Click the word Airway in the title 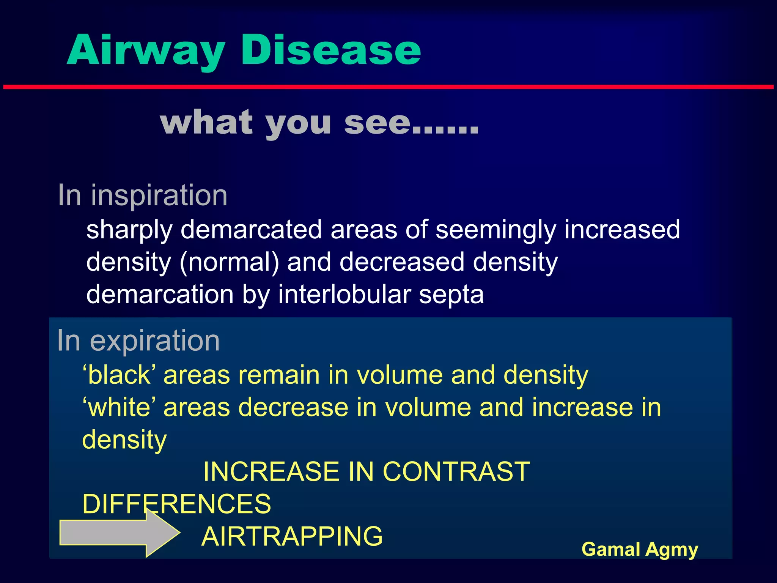[x=146, y=50]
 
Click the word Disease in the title [x=330, y=50]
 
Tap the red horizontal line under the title [x=388, y=87]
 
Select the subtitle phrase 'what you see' [x=319, y=123]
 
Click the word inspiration [x=159, y=195]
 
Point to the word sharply [x=129, y=230]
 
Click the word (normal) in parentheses [x=230, y=262]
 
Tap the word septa [x=451, y=295]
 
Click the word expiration [x=155, y=340]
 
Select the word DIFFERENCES [x=177, y=504]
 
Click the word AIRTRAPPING [x=292, y=536]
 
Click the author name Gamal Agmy [x=640, y=549]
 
